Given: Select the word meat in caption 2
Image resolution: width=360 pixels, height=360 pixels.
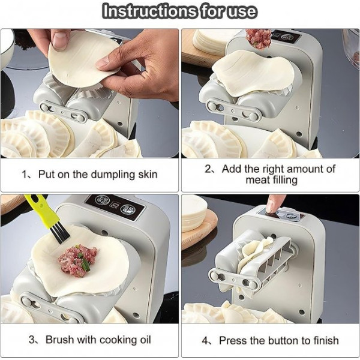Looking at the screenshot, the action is click(x=257, y=180).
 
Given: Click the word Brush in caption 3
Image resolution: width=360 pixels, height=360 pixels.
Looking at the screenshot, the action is click(x=59, y=340).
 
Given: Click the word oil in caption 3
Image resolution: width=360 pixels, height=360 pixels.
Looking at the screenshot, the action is click(x=145, y=340).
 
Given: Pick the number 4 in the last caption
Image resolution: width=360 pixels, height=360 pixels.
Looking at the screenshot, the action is click(x=205, y=341).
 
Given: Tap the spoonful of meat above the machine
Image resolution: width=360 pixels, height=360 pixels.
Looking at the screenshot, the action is click(x=259, y=39).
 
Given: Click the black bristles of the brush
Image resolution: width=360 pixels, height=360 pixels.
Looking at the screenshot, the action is click(x=59, y=234).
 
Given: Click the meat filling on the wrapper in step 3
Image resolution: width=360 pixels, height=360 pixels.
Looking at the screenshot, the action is click(x=77, y=260).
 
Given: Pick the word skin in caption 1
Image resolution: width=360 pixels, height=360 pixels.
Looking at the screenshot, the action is click(x=148, y=175).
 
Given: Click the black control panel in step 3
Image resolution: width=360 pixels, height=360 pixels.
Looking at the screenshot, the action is click(x=115, y=207).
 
